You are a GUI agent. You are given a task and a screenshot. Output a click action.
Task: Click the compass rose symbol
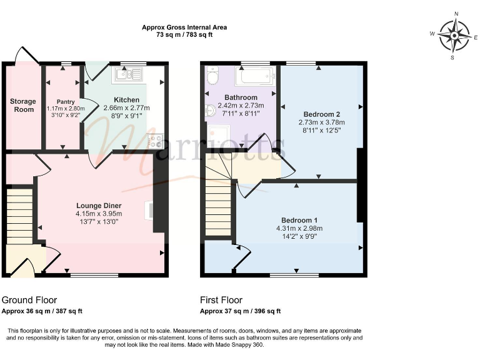point(454,36)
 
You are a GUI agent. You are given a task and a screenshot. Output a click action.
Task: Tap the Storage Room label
point(22,105)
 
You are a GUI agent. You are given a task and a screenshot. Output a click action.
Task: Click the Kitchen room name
point(126,99)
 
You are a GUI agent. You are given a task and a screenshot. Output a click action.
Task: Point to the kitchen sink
point(129,75)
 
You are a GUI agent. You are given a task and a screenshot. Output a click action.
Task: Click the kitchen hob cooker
point(154,141)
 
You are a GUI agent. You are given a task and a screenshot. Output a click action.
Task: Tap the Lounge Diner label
point(99,206)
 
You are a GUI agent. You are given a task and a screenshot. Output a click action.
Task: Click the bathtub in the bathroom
point(254,77)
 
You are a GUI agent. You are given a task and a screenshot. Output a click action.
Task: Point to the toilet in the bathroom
point(211,77)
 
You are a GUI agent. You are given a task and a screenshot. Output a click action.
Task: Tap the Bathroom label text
point(241,97)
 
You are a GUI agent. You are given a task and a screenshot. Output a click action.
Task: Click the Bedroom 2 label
point(321,114)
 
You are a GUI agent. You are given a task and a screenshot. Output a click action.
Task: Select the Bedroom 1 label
point(299,220)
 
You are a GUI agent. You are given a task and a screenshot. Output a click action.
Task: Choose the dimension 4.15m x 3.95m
point(99,214)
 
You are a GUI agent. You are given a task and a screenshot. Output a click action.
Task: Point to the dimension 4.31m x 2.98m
point(299,228)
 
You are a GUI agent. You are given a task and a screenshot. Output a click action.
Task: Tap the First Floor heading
point(221,300)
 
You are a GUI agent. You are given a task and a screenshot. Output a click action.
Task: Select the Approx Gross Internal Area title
point(184,27)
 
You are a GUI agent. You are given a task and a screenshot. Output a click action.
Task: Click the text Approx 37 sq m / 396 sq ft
point(240,311)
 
